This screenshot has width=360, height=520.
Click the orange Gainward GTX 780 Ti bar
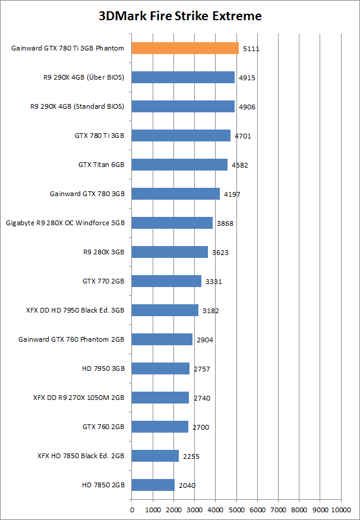(x=185, y=48)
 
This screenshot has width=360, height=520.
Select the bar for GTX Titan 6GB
(x=179, y=165)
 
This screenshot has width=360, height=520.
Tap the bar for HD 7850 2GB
(x=153, y=485)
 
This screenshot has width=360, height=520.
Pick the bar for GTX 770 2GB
(x=166, y=281)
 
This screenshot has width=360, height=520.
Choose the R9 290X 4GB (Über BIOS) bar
(x=183, y=77)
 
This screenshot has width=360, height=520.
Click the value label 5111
(x=251, y=49)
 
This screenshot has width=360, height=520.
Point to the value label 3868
(x=225, y=223)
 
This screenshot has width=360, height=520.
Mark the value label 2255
(x=191, y=456)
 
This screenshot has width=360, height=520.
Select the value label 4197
(x=232, y=194)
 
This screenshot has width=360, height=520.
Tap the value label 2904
(x=205, y=340)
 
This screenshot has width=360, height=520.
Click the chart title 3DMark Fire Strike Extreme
(x=180, y=16)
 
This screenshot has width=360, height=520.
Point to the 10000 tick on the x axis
(x=341, y=509)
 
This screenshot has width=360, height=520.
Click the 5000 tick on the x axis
(x=236, y=509)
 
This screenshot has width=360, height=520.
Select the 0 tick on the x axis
(x=132, y=509)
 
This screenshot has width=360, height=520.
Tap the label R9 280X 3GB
(x=104, y=252)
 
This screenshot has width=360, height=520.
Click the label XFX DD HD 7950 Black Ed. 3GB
(x=75, y=310)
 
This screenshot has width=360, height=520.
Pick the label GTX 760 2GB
(x=103, y=427)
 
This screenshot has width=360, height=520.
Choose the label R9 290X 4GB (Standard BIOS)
(x=77, y=106)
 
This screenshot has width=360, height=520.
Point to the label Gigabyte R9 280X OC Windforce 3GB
(x=65, y=223)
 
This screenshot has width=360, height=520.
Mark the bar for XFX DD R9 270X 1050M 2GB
(x=160, y=398)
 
